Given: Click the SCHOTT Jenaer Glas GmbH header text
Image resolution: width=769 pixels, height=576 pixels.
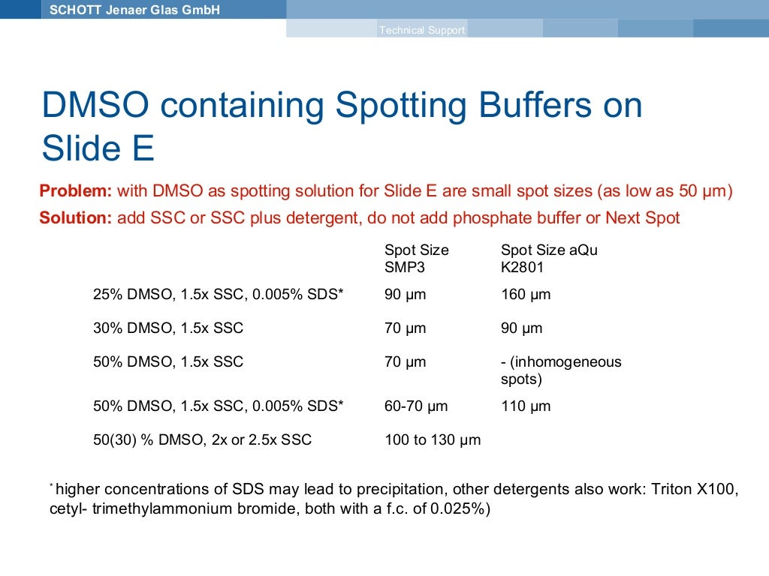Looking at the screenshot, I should pyautogui.click(x=134, y=10).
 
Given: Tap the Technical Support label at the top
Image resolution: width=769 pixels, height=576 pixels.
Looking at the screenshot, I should pyautogui.click(x=422, y=30).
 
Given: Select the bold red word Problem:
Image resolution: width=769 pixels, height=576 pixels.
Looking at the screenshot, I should pyautogui.click(x=75, y=191).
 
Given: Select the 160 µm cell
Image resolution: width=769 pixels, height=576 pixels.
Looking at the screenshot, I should pyautogui.click(x=525, y=295).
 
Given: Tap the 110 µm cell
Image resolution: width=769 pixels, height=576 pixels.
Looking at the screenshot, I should pyautogui.click(x=525, y=406).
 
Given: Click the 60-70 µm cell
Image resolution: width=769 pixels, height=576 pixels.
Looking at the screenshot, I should pyautogui.click(x=415, y=406).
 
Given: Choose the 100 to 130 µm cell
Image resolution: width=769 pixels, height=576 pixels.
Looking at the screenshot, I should pyautogui.click(x=432, y=440).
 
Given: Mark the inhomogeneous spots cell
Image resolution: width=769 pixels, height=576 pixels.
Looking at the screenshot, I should pyautogui.click(x=560, y=370).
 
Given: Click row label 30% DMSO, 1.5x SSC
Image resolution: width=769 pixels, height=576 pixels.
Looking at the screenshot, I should pyautogui.click(x=167, y=328).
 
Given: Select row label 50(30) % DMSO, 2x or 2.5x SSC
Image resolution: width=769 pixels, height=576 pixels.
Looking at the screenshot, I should pyautogui.click(x=201, y=440).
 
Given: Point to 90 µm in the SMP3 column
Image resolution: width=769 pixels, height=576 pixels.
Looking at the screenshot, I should pyautogui.click(x=405, y=295).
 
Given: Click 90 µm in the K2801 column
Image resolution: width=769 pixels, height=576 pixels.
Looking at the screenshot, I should pyautogui.click(x=521, y=328).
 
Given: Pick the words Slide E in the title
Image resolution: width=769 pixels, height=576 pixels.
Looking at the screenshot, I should pyautogui.click(x=98, y=148).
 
